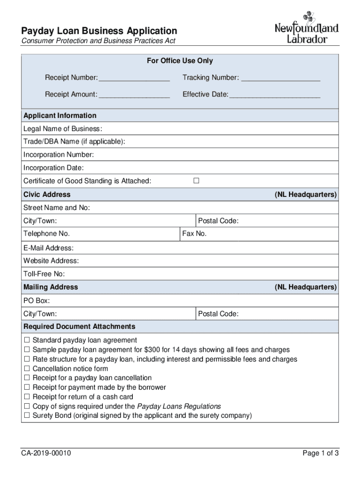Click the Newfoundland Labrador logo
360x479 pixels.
click(x=306, y=31)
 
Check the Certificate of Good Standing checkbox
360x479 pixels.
click(x=196, y=181)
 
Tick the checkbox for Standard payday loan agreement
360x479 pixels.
click(x=27, y=340)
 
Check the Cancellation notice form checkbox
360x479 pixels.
click(x=27, y=368)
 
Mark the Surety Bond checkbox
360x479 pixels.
click(x=27, y=415)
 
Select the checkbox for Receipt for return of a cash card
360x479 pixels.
click(x=27, y=396)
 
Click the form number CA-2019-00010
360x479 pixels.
click(x=46, y=453)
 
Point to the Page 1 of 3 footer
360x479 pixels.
click(x=320, y=453)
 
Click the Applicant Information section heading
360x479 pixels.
click(x=60, y=116)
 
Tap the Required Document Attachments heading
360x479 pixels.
click(x=79, y=326)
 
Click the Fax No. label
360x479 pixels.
click(x=194, y=233)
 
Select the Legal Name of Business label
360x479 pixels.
click(x=63, y=129)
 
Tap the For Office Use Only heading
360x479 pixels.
click(x=180, y=61)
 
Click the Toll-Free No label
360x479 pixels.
click(x=44, y=274)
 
